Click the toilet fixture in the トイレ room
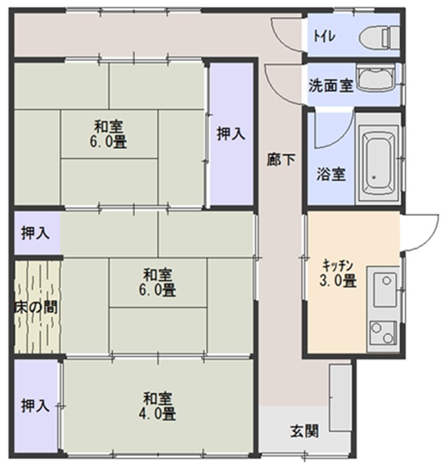coord(379,37)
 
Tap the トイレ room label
coord(324,37)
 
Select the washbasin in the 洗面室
coord(376,78)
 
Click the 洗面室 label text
coord(331,85)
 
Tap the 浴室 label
coord(331,174)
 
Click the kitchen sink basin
coord(385,289)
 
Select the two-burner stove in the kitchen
coord(383,333)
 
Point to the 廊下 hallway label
coord(281,159)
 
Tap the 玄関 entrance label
coord(305,431)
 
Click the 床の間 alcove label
coord(36,307)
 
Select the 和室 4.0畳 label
coord(157,406)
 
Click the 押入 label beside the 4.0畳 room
coord(35,406)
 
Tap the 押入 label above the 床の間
coord(35,233)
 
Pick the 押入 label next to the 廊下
coord(231,133)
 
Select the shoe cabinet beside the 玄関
coord(340,397)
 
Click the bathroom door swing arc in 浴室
coord(343,138)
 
